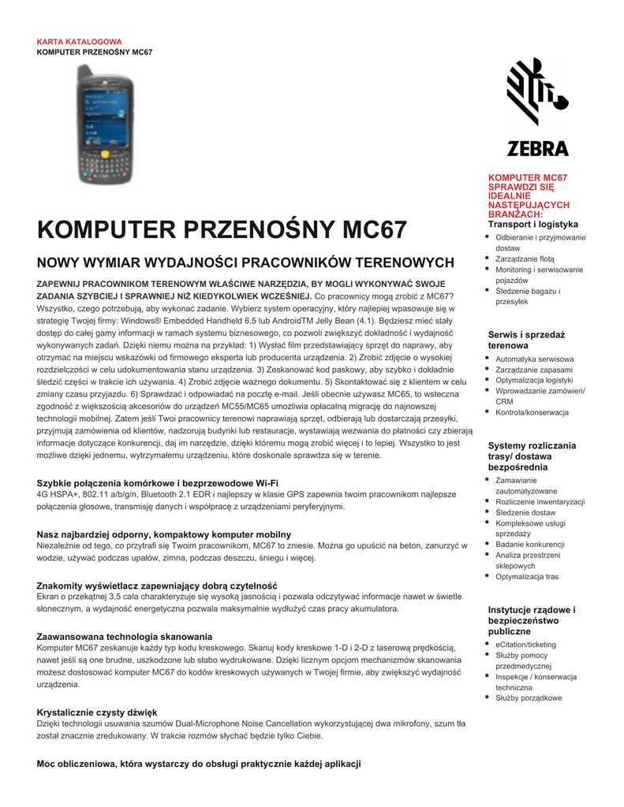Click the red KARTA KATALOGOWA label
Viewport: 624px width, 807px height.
click(x=80, y=41)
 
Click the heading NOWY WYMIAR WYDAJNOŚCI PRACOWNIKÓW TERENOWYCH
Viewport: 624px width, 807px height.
click(x=246, y=262)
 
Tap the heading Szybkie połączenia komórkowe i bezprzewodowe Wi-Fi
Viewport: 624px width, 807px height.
click(x=158, y=482)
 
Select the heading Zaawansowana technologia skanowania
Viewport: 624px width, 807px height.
click(x=125, y=635)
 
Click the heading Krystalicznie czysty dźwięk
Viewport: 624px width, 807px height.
click(x=98, y=712)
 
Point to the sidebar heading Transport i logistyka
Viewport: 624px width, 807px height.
click(x=532, y=225)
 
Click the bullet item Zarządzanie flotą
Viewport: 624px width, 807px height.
click(x=525, y=258)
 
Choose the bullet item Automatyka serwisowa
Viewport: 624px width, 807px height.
click(x=534, y=359)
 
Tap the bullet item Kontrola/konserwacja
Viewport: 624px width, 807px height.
click(x=532, y=412)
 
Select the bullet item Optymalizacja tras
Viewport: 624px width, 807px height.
click(x=527, y=577)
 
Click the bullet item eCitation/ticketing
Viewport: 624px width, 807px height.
click(x=525, y=644)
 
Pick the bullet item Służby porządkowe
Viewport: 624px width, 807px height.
click(x=529, y=697)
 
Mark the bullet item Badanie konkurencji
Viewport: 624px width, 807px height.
click(x=530, y=545)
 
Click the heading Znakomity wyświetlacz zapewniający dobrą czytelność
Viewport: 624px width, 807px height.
click(x=157, y=586)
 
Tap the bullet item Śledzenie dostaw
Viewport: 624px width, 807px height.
click(x=525, y=512)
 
